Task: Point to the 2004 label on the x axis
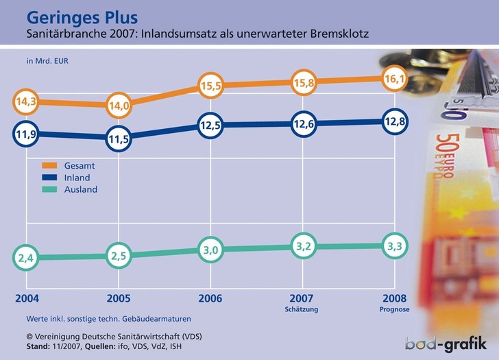click(27, 298)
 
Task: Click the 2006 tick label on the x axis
click(210, 298)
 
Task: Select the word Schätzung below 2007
click(302, 310)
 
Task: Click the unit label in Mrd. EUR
click(47, 60)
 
